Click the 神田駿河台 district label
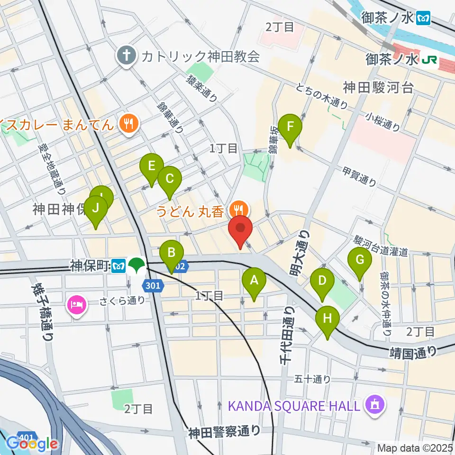(379, 87)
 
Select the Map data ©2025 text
(415, 448)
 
